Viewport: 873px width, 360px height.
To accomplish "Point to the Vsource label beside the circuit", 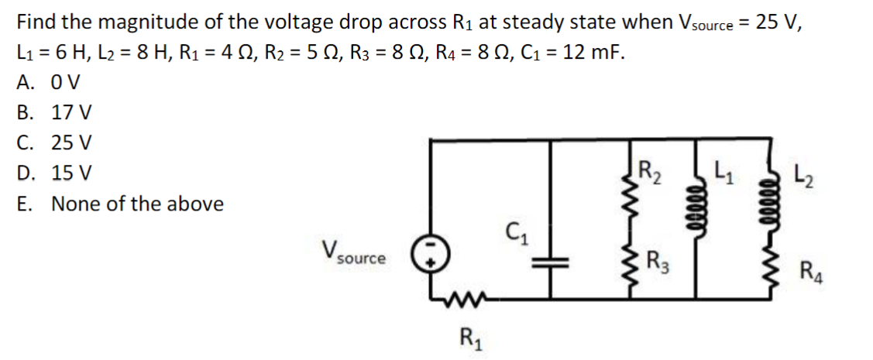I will click(x=352, y=253).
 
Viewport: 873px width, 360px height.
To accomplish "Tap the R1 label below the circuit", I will click(x=469, y=338).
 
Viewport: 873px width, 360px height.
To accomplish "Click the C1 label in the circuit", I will click(x=515, y=231).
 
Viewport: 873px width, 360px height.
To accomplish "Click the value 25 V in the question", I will click(x=780, y=22).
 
